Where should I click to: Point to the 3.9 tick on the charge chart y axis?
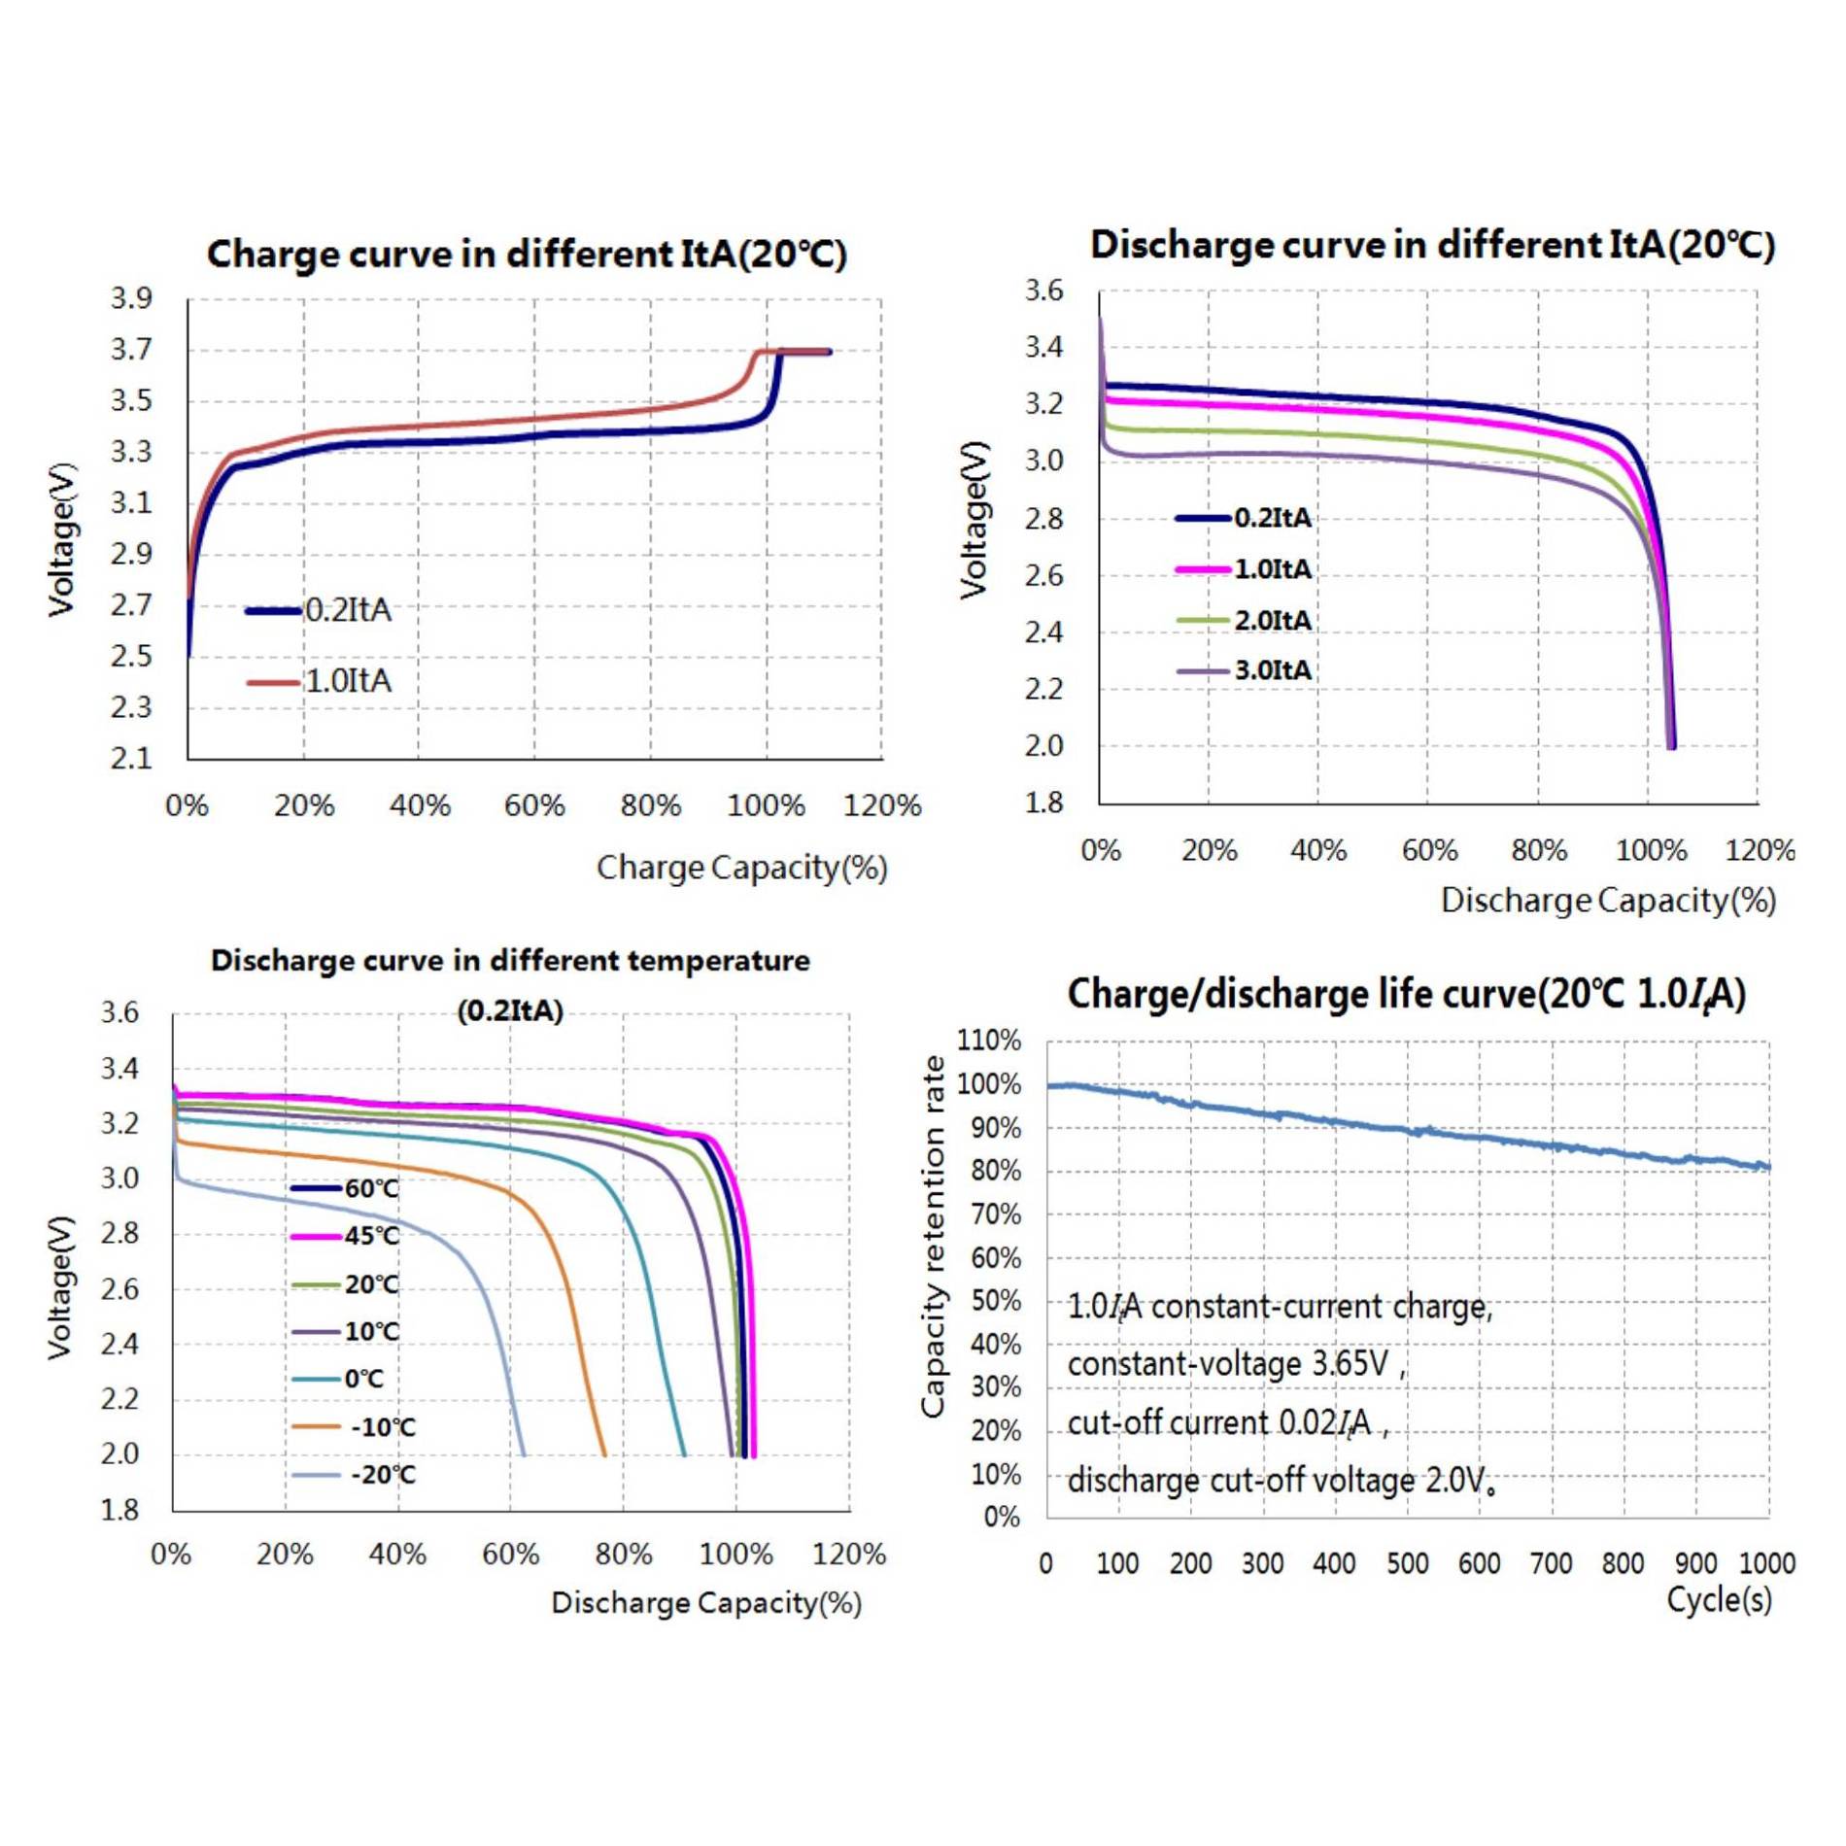tap(131, 298)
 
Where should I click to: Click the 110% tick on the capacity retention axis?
tap(989, 1041)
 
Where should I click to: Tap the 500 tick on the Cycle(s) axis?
tap(1407, 1563)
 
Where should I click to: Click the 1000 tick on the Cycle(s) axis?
tap(1766, 1563)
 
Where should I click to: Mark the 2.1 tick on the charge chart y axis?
tap(131, 758)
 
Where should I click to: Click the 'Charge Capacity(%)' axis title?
tap(741, 868)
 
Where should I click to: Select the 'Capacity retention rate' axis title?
tap(933, 1236)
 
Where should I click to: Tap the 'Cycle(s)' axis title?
tap(1719, 1599)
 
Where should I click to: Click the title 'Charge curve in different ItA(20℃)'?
tap(527, 255)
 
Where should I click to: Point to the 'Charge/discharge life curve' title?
tap(1406, 994)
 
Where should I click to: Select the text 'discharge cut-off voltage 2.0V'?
tap(1281, 1481)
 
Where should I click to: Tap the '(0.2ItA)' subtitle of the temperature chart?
tap(510, 1010)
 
